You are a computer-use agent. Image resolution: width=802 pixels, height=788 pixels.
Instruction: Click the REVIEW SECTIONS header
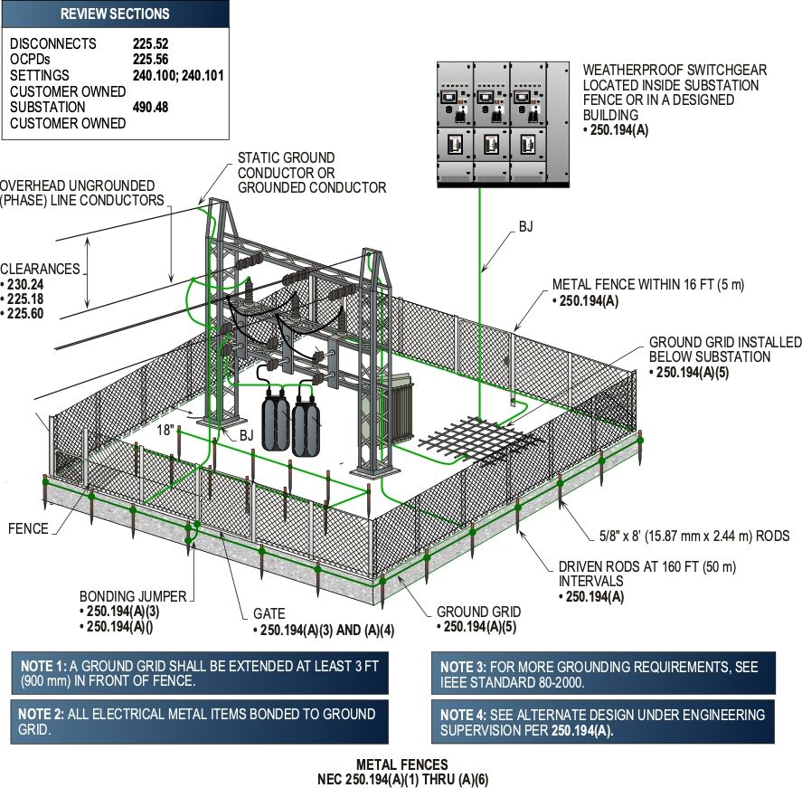click(x=115, y=14)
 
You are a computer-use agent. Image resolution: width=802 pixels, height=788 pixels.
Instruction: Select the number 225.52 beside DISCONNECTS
click(x=150, y=43)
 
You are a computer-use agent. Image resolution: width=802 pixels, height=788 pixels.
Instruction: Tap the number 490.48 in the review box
click(x=150, y=107)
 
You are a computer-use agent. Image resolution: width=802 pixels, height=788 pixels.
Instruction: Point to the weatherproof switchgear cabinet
click(x=504, y=124)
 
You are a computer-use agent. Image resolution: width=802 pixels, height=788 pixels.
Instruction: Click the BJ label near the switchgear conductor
click(x=526, y=226)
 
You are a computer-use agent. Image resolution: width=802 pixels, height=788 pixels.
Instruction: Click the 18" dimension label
click(x=165, y=430)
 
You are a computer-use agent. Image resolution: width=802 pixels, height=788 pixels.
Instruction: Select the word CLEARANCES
click(x=40, y=269)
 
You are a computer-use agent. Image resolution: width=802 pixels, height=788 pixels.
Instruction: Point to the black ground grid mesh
click(x=481, y=439)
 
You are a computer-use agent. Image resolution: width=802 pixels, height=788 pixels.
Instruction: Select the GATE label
click(x=269, y=613)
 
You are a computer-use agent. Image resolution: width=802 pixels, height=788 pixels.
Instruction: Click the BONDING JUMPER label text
click(x=133, y=596)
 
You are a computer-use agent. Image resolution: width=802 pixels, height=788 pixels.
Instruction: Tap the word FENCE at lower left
click(x=28, y=528)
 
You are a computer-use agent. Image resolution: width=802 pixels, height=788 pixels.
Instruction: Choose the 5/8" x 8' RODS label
click(x=694, y=536)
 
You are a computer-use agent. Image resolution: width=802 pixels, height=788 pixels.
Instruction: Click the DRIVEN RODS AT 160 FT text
click(x=647, y=567)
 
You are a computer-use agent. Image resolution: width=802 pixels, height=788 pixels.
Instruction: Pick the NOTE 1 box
click(x=200, y=673)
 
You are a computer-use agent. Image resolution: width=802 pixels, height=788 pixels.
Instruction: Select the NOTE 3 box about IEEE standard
click(x=603, y=673)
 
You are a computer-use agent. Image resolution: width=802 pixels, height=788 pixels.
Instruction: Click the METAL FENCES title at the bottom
click(x=402, y=764)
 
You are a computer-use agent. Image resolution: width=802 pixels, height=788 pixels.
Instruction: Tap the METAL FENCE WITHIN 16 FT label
click(x=648, y=284)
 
